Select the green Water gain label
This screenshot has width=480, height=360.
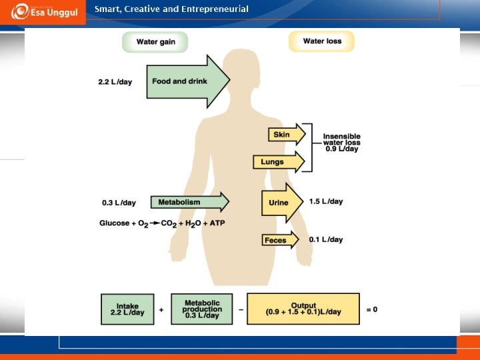pyautogui.click(x=155, y=42)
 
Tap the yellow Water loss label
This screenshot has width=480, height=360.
pyautogui.click(x=322, y=41)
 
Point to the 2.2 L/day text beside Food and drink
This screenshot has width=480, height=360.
pyautogui.click(x=115, y=82)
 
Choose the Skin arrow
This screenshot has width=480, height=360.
pyautogui.click(x=285, y=135)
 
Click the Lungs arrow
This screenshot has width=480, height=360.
pyautogui.click(x=277, y=162)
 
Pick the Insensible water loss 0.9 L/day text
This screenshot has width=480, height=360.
pyautogui.click(x=341, y=143)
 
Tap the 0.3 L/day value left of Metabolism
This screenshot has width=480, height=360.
pyautogui.click(x=119, y=203)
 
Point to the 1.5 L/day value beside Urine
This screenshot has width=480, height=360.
pyautogui.click(x=326, y=201)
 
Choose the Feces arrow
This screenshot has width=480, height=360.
pyautogui.click(x=279, y=240)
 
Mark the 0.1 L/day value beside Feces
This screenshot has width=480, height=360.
pyautogui.click(x=326, y=239)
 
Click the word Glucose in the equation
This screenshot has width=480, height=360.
pyautogui.click(x=115, y=223)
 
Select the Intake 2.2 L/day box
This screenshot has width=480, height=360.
pyautogui.click(x=127, y=309)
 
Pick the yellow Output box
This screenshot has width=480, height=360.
pyautogui.click(x=303, y=309)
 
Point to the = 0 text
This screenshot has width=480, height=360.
pyautogui.click(x=371, y=309)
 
